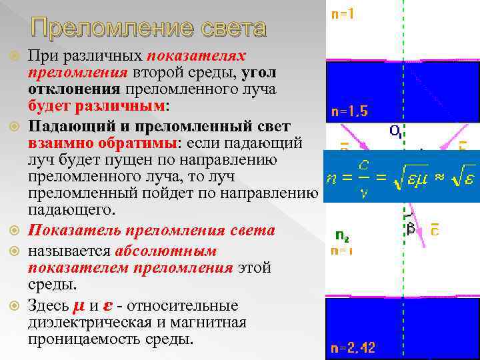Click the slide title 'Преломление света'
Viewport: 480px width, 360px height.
tap(148, 29)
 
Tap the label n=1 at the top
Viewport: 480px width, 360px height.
tap(343, 14)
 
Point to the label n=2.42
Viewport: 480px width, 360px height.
tap(353, 347)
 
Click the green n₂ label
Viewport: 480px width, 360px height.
tap(343, 235)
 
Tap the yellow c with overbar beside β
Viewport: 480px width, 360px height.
tap(435, 229)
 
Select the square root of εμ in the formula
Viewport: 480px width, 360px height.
tap(407, 179)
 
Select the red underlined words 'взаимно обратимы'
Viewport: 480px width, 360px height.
tap(100, 143)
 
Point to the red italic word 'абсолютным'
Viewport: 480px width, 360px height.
tap(165, 251)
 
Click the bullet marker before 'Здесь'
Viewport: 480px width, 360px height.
tap(15, 306)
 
